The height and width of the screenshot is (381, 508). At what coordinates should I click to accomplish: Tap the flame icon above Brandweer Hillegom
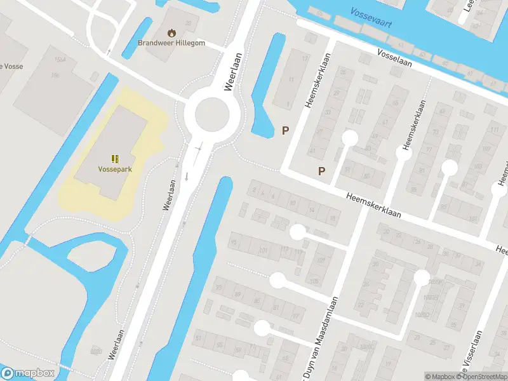click(171, 32)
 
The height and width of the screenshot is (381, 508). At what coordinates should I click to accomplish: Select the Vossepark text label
click(114, 170)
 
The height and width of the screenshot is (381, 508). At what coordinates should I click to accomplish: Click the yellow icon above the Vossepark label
click(114, 158)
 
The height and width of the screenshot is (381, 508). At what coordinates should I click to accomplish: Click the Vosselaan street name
click(394, 59)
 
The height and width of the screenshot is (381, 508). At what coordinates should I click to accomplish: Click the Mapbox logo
click(28, 373)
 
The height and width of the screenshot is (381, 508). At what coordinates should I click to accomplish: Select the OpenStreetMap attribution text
click(482, 377)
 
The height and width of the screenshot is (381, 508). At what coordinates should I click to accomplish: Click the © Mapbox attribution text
click(439, 377)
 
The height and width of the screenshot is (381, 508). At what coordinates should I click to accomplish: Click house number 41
click(312, 151)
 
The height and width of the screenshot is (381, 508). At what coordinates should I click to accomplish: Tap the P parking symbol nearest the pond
click(286, 130)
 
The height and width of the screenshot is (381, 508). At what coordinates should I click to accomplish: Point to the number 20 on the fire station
click(188, 23)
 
